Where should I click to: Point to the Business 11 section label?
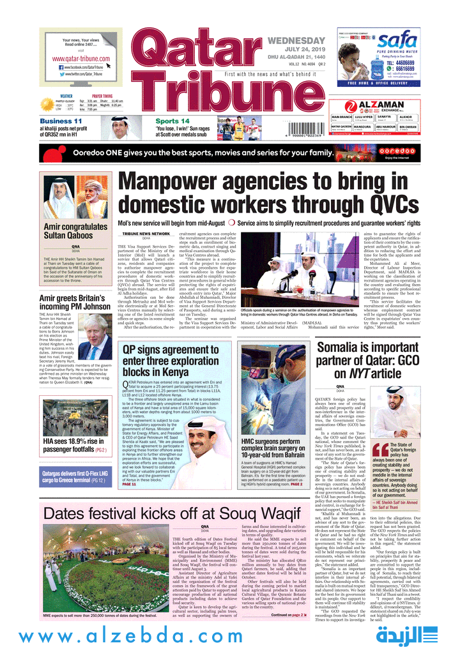[61, 121]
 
